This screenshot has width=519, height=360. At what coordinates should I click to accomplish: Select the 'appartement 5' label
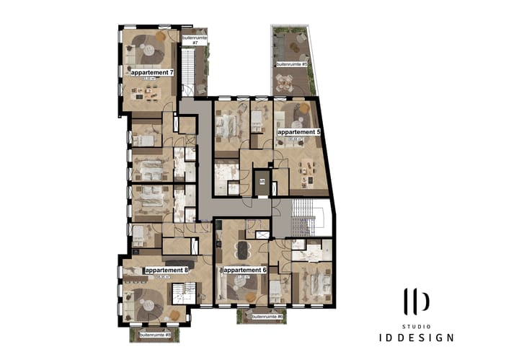pyautogui.click(x=298, y=133)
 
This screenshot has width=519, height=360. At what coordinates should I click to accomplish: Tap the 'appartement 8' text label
pyautogui.click(x=167, y=270)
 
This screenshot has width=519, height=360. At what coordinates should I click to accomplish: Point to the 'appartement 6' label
pyautogui.click(x=245, y=270)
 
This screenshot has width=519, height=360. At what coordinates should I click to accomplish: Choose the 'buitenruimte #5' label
pyautogui.click(x=292, y=64)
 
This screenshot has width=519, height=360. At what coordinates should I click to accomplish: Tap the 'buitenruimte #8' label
pyautogui.click(x=155, y=335)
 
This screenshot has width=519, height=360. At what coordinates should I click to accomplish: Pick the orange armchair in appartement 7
pyautogui.click(x=161, y=35)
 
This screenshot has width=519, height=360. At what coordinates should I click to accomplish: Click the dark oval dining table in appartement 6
pyautogui.click(x=240, y=250)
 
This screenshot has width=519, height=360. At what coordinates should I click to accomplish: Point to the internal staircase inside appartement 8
pyautogui.click(x=182, y=292)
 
